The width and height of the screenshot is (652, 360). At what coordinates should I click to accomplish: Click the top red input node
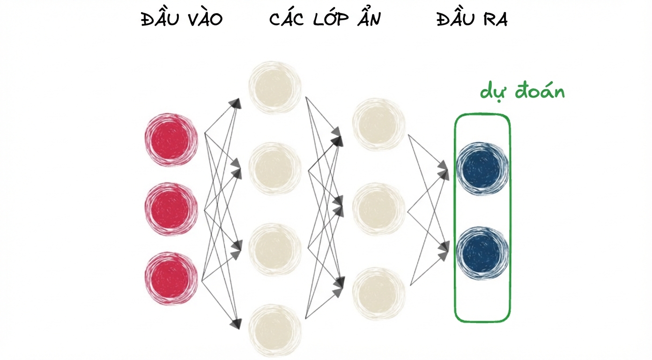tap(171, 140)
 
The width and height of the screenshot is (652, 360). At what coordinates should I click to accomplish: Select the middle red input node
tap(171, 209)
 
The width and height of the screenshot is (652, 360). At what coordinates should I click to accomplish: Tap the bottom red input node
tap(171, 279)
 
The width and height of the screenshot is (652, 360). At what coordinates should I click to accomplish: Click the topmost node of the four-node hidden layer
tap(275, 87)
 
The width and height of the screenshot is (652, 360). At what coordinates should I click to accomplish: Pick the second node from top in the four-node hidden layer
tap(275, 168)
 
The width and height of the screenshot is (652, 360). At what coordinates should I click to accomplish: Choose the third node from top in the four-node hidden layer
tap(275, 249)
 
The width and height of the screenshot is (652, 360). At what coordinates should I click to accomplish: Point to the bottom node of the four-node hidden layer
tap(275, 330)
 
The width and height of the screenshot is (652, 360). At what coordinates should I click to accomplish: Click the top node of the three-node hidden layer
tap(378, 124)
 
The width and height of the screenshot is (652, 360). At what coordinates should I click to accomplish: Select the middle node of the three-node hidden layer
tap(378, 209)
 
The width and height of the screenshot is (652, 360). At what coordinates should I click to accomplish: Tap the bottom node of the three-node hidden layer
tap(378, 293)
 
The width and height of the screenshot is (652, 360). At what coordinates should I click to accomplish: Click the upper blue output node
tap(482, 168)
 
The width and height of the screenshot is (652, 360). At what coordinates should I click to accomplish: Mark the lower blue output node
tap(482, 253)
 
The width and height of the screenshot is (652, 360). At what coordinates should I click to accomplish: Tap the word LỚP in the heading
tap(331, 19)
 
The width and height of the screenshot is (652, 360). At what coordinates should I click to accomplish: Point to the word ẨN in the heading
tap(369, 18)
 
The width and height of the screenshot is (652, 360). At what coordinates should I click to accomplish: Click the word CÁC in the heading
tap(287, 19)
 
